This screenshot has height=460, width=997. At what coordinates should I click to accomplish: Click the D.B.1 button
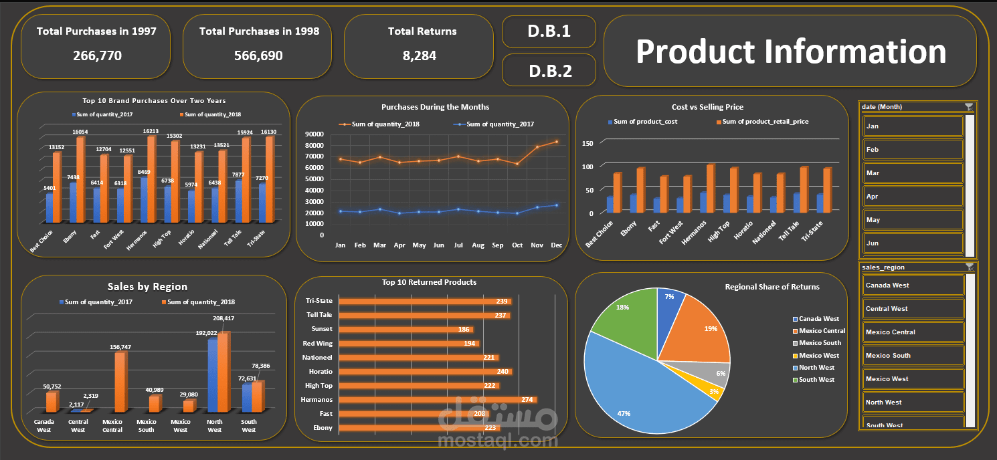click(x=549, y=31)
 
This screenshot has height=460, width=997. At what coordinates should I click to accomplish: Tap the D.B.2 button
click(x=549, y=70)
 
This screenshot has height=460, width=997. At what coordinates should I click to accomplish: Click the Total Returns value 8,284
click(x=419, y=55)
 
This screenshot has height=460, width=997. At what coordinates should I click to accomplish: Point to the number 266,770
click(x=97, y=55)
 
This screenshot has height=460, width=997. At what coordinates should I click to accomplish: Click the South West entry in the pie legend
click(x=816, y=380)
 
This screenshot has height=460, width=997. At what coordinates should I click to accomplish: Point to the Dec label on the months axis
click(x=556, y=245)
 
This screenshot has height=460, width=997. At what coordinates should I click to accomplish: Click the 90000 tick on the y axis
click(x=314, y=134)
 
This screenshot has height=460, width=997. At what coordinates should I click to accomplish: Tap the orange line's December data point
click(x=556, y=142)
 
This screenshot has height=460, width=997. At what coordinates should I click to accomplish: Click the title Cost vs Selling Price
click(x=707, y=107)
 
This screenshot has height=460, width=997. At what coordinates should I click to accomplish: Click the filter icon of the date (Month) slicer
click(x=968, y=107)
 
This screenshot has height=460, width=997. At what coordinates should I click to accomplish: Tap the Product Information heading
click(x=790, y=51)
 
